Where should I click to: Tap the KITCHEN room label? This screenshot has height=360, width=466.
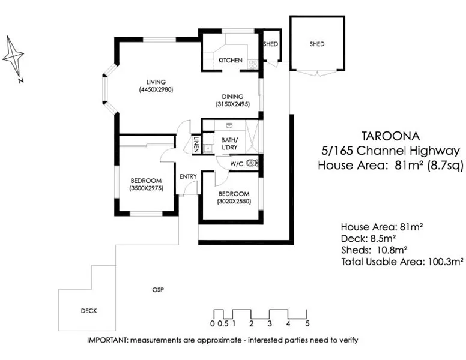(230, 61)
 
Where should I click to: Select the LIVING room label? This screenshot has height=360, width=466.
(155, 82)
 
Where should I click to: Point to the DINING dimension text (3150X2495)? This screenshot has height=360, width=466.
(232, 104)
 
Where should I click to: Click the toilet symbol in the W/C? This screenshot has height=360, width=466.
(252, 162)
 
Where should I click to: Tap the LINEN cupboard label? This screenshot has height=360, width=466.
(196, 145)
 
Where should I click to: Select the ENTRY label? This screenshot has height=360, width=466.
(188, 176)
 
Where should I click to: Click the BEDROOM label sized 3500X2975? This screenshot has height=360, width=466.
(146, 181)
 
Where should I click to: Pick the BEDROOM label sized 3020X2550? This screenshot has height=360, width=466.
(234, 194)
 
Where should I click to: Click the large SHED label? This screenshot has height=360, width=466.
(317, 44)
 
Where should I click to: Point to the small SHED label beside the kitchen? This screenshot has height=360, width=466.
(271, 44)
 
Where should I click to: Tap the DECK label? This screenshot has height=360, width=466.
(88, 311)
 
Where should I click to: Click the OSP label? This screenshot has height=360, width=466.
(158, 290)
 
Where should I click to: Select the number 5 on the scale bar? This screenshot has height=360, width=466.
(307, 324)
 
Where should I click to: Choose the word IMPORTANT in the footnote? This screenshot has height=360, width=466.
(106, 340)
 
